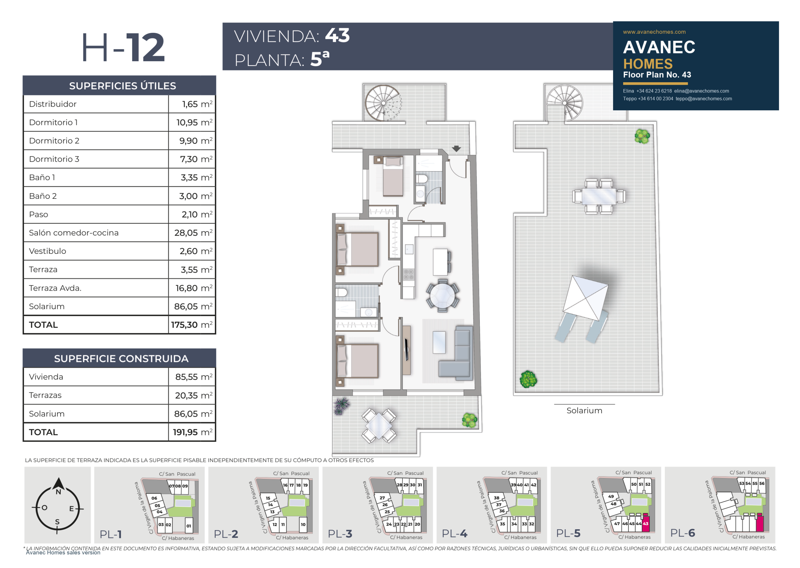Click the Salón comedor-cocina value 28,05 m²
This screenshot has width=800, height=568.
(x=193, y=233)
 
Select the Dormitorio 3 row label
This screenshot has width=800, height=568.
(x=54, y=159)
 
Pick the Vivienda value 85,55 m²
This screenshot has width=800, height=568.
(x=194, y=377)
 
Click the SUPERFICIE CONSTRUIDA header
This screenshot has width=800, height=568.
(x=121, y=359)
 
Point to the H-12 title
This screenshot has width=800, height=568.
(x=123, y=47)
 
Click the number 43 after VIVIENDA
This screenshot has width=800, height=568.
(x=337, y=35)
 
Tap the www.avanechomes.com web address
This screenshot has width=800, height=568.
(x=654, y=32)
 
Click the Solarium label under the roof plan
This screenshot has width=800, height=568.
(x=584, y=411)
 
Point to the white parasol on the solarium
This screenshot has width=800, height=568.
(x=585, y=298)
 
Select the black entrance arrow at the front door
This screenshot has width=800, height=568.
(x=456, y=149)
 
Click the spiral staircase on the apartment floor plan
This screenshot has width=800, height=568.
(x=383, y=103)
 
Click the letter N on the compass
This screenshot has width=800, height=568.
(x=58, y=492)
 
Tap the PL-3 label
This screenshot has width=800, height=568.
(x=340, y=534)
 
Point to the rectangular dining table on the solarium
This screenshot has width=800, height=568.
(x=599, y=196)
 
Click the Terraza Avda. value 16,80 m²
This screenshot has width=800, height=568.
(x=194, y=288)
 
